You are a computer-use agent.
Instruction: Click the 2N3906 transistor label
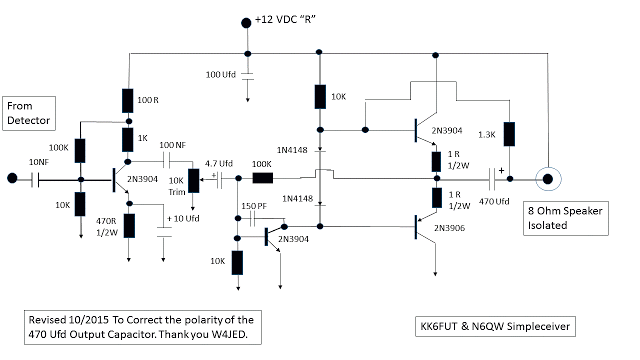click(453, 229)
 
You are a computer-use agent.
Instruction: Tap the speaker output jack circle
click(548, 181)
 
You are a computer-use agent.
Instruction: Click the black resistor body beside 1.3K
click(510, 133)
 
